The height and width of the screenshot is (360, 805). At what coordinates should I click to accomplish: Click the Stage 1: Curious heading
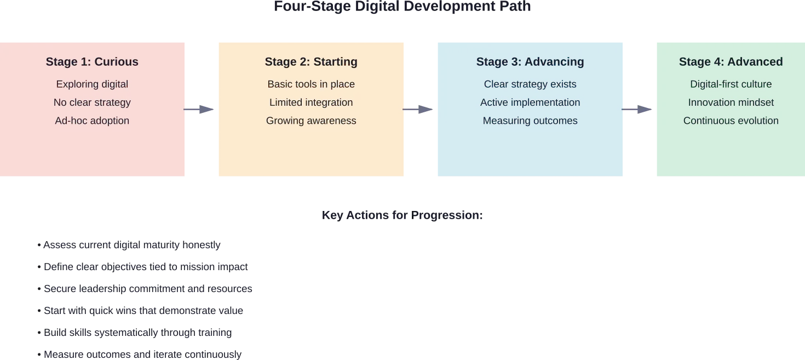(92, 62)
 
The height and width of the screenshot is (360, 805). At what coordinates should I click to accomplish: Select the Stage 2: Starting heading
(311, 62)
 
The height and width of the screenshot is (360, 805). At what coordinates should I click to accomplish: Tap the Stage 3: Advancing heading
(530, 62)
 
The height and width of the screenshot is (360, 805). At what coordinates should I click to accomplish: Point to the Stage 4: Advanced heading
(731, 62)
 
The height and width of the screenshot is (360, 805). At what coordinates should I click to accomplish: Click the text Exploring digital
(92, 84)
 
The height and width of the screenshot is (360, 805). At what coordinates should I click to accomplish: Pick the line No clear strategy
(92, 102)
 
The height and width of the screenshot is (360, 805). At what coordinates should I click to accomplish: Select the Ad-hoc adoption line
(92, 121)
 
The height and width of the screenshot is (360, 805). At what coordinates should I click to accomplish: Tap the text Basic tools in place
(311, 84)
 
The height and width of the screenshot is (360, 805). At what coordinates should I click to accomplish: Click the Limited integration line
(311, 102)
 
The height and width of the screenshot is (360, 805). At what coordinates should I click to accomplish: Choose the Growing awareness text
(311, 121)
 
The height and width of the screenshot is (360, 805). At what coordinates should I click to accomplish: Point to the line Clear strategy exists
(530, 84)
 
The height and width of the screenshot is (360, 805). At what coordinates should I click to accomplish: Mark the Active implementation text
(530, 102)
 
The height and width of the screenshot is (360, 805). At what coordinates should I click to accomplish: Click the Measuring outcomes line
(530, 121)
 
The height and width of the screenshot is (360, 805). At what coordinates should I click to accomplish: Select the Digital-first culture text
(731, 84)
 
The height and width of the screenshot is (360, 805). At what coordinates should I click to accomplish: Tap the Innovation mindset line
(731, 102)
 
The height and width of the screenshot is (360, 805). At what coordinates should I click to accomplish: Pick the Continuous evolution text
(731, 121)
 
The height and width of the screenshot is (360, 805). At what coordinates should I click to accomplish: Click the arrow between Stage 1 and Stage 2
(200, 109)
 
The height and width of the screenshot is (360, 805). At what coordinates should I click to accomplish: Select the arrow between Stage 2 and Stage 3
(419, 109)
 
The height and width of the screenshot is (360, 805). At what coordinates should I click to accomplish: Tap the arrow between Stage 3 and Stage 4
(639, 109)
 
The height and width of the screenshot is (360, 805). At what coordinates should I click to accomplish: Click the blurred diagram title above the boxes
(403, 7)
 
